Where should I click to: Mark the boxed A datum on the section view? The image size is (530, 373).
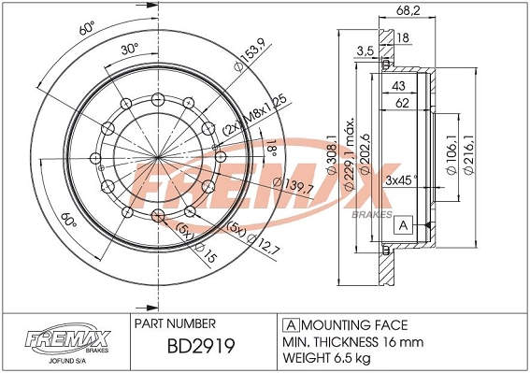pos(404,225)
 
